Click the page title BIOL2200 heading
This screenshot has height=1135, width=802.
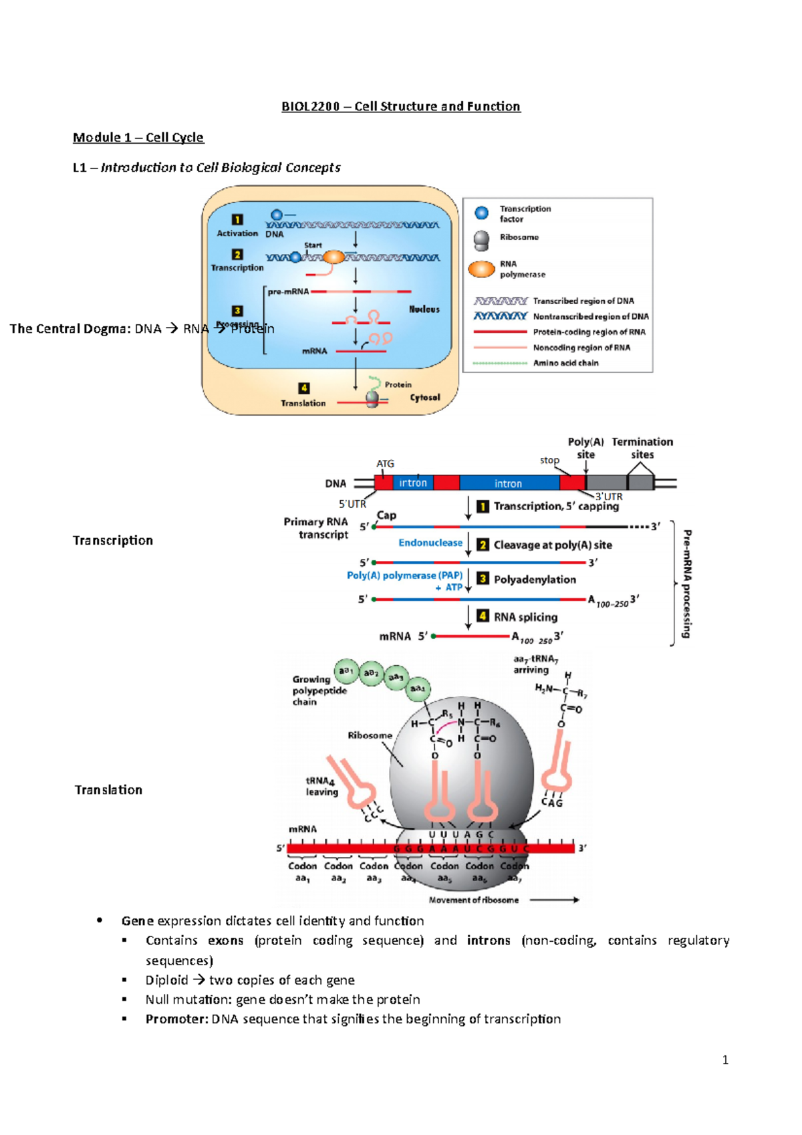click(x=400, y=106)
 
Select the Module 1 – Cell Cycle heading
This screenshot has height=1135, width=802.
click(x=138, y=137)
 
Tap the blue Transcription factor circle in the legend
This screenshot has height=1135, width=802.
click(x=481, y=213)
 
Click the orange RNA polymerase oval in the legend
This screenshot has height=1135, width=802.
click(x=481, y=269)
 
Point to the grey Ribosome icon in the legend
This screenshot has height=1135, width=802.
click(x=481, y=240)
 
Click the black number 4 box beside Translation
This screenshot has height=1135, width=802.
click(x=304, y=388)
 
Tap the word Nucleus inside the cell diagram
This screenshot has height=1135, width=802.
click(x=424, y=309)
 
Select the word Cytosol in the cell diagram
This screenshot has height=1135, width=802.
click(x=425, y=397)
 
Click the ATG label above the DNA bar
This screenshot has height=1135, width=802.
click(x=385, y=463)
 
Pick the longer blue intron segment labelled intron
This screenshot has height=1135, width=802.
click(x=508, y=483)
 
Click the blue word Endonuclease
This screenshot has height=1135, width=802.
click(x=430, y=543)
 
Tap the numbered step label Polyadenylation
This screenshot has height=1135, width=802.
click(x=535, y=580)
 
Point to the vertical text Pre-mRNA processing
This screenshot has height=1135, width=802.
click(x=687, y=584)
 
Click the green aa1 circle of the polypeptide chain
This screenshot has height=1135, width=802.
click(x=346, y=670)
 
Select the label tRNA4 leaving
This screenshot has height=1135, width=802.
click(x=321, y=786)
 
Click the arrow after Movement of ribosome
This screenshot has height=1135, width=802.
click(x=554, y=900)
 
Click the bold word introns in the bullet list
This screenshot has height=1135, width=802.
click(x=488, y=940)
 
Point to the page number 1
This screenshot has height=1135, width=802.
click(x=725, y=1059)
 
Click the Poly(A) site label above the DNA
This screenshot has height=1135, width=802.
click(x=585, y=448)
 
